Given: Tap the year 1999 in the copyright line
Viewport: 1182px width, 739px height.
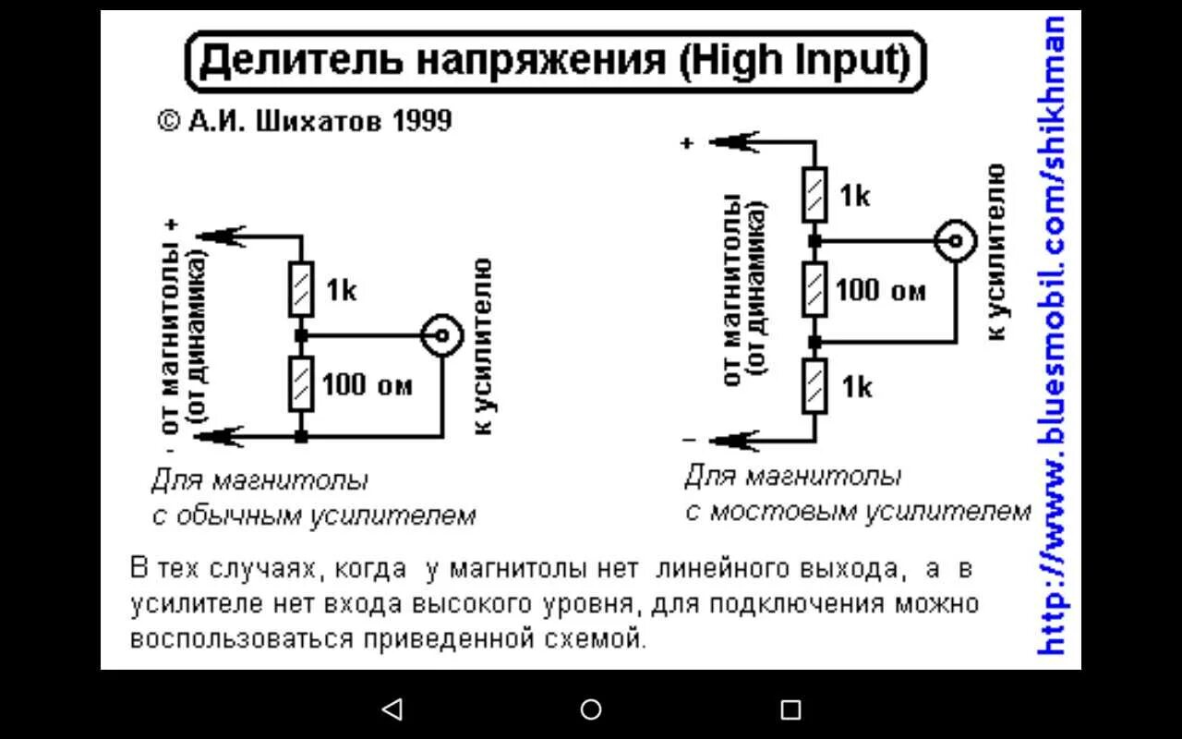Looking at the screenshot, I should point(421,120).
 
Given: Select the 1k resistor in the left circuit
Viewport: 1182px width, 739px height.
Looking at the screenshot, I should point(300,290).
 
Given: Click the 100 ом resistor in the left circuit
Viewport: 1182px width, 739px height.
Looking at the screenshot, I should point(300,383).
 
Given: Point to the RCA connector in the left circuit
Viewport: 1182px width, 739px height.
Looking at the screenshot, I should point(441,336).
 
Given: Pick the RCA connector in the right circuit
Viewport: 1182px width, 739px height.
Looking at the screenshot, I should point(955,242).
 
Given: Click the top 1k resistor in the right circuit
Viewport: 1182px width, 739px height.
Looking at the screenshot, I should point(814,195).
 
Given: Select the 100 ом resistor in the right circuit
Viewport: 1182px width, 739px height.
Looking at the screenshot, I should point(814,289).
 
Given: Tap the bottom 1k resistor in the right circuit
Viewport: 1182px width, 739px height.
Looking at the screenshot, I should point(814,386).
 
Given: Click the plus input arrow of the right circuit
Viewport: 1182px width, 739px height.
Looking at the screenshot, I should point(734,142).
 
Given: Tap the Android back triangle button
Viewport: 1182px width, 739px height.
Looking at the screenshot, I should point(392,709).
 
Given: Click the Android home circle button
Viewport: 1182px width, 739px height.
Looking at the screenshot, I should point(591,709).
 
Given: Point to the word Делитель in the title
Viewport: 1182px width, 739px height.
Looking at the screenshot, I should point(300,62).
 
